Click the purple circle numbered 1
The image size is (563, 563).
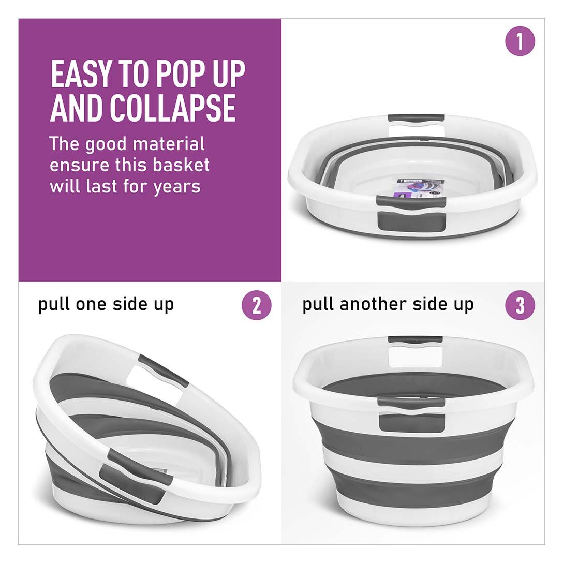pos(520,41)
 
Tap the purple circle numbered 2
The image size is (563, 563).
pos(256,305)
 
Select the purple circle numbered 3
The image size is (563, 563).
pos(520,305)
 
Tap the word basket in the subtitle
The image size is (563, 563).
pos(181,165)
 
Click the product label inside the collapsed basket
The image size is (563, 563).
pos(420,190)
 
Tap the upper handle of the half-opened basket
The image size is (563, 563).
pos(163,371)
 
